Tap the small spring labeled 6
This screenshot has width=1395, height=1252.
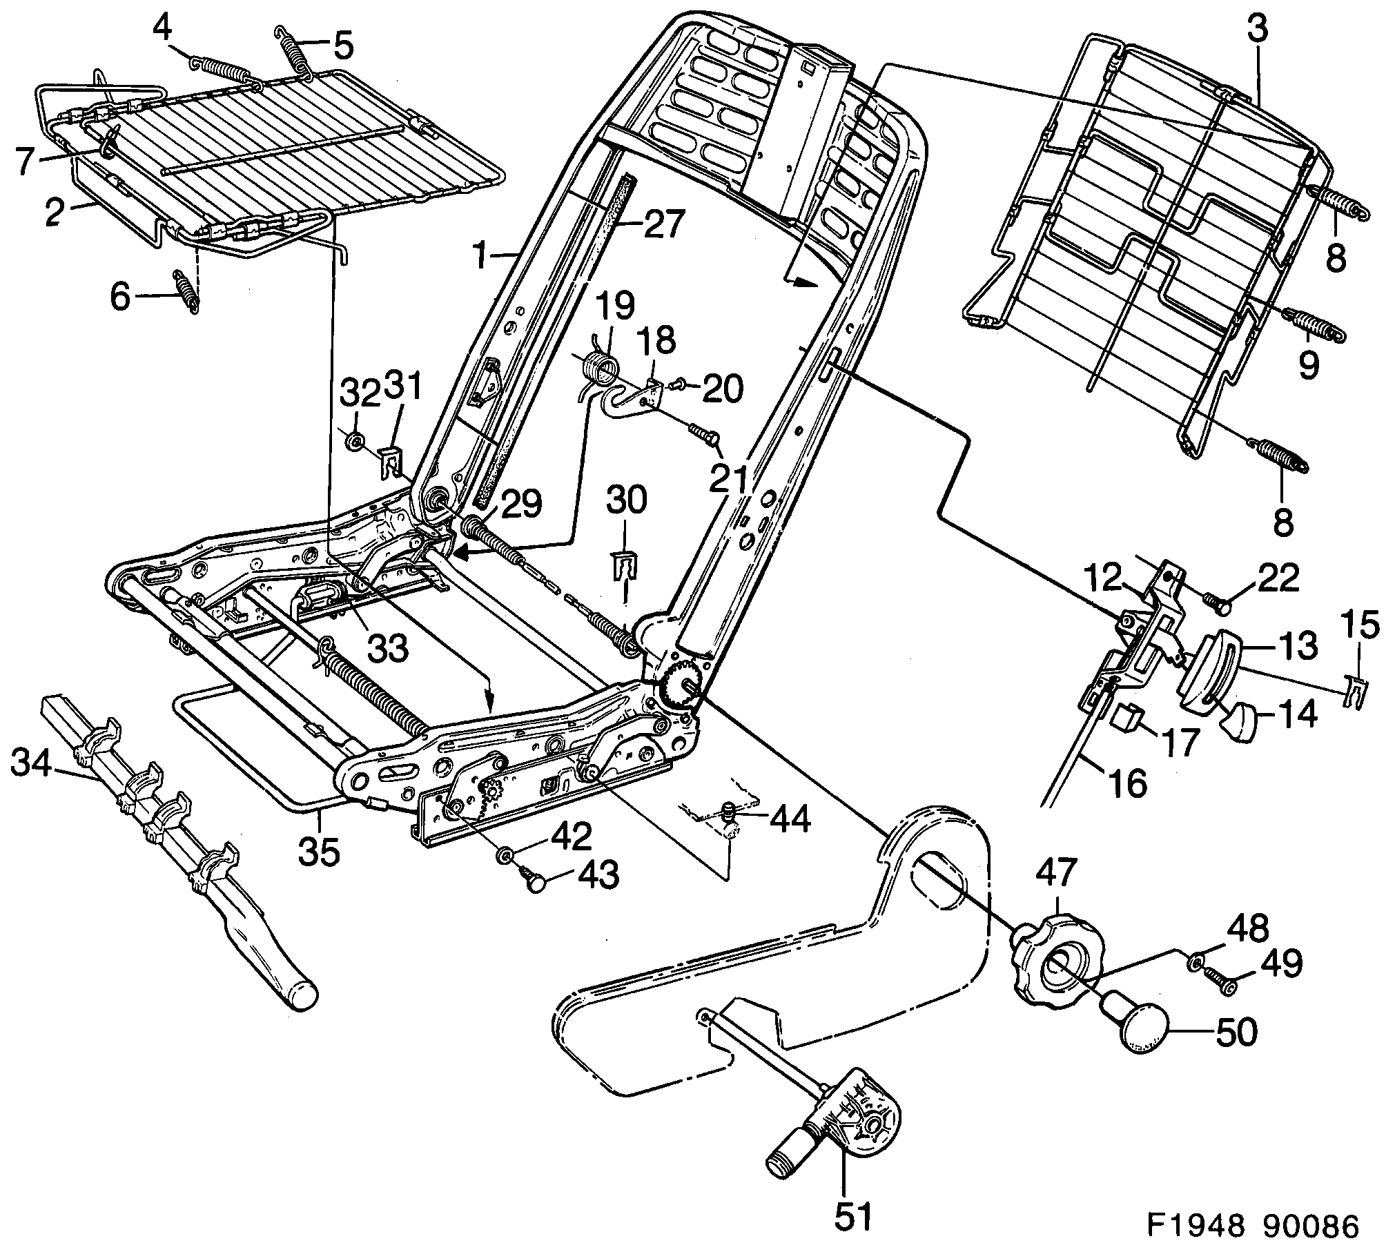point(185,291)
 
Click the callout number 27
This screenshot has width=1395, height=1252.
point(663,225)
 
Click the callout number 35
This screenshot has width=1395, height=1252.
point(319,852)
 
